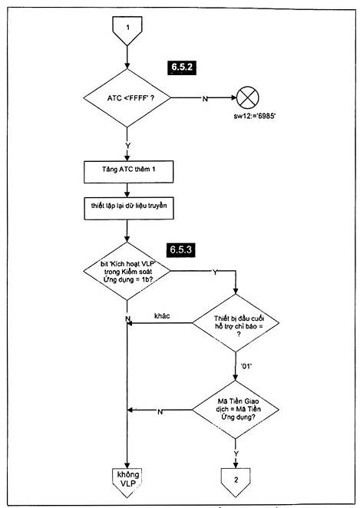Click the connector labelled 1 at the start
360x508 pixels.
point(127,30)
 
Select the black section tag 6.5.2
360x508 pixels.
point(182,68)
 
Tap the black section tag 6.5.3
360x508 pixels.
point(181,250)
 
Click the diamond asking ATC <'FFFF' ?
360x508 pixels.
point(127,98)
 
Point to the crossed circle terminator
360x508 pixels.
point(248,97)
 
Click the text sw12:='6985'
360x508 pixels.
point(255,116)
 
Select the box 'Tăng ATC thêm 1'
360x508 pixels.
point(129,172)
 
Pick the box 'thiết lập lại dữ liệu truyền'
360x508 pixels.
point(129,208)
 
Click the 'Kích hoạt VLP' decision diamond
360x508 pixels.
point(127,271)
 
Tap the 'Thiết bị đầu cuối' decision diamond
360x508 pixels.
point(236,323)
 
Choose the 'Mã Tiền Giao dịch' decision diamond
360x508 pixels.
point(236,410)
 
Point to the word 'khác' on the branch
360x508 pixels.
point(162,316)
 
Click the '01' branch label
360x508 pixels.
point(246,366)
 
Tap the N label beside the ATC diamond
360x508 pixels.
point(205,99)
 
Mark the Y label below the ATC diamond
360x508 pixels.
point(127,146)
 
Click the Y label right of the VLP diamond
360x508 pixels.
point(215,272)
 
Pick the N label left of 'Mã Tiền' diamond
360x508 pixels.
point(160,412)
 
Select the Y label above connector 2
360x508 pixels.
point(236,454)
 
